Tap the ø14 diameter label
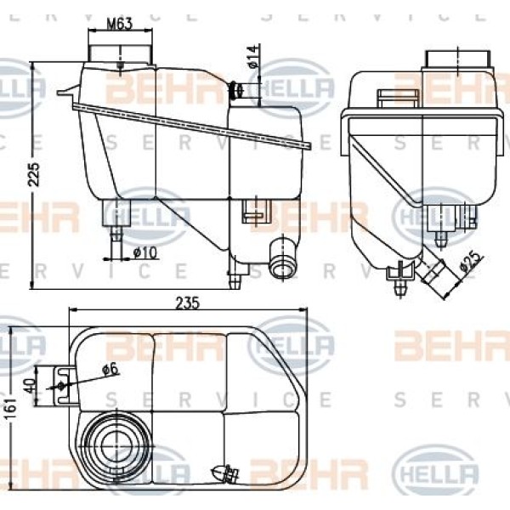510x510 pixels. click(252, 58)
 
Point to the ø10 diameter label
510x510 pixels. click(144, 251)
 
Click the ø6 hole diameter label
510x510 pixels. click(108, 370)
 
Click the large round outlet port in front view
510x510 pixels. click(280, 258)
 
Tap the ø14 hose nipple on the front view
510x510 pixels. click(242, 89)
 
